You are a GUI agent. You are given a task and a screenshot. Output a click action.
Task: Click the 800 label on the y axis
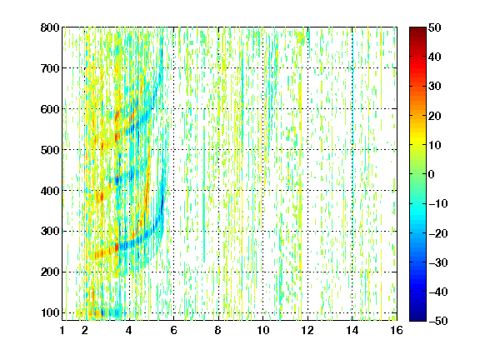pos(50,27)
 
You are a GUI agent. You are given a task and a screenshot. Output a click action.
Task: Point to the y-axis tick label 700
pos(50,68)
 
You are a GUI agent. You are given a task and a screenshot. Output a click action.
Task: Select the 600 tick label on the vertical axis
pos(50,109)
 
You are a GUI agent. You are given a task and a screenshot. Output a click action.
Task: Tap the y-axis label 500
pos(50,150)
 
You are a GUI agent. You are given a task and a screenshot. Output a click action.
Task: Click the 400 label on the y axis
pos(50,191)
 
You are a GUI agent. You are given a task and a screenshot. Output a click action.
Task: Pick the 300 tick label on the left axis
pos(50,232)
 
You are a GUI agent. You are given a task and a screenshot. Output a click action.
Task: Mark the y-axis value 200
pos(50,272)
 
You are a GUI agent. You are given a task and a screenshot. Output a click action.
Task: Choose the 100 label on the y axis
pos(50,312)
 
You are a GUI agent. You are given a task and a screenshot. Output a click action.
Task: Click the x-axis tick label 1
pos(62,330)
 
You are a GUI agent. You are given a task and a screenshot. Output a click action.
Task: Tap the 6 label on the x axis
pos(174,330)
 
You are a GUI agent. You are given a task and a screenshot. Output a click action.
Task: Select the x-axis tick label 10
pos(263,330)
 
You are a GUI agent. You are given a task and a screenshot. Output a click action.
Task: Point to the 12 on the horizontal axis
pos(307,330)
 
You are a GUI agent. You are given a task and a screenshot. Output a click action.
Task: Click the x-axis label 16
pos(397,330)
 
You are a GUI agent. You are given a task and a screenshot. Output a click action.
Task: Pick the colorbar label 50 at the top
pos(434,27)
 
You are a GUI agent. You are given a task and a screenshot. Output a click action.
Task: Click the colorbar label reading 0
pos(432,174)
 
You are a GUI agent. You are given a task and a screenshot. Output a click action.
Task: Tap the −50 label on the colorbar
pos(438,321)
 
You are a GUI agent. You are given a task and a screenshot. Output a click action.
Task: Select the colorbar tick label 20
pos(434,116)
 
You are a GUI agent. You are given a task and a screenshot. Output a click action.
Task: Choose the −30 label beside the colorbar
pos(438,262)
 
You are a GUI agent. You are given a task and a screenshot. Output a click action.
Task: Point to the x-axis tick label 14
pos(352,330)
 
